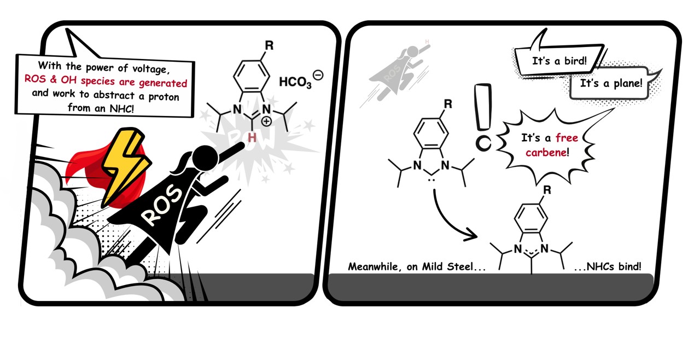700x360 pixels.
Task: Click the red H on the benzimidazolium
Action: click(x=252, y=138)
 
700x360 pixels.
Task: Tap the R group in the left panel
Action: click(x=269, y=45)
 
